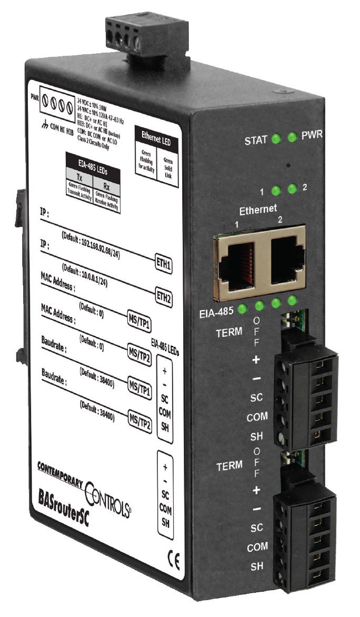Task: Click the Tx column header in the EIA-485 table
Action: pos(79,177)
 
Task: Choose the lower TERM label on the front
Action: pos(231,465)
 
